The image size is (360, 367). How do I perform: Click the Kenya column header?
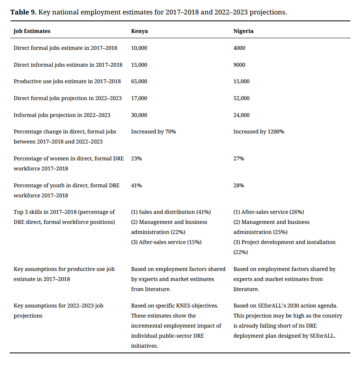pos(139,31)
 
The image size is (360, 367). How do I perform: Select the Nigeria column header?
pos(243,31)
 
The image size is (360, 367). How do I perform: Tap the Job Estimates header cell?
pos(32,31)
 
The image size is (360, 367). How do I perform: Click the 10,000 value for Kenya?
pos(139,48)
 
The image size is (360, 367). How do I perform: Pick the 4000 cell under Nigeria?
pos(239,48)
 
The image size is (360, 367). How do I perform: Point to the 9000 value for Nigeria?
pos(239,65)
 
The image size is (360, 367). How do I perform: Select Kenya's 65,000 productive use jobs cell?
pos(139,81)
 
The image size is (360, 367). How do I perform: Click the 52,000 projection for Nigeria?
pos(241,98)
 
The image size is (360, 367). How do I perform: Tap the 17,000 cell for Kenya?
pos(139,98)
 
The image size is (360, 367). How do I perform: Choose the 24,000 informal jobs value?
pos(241,115)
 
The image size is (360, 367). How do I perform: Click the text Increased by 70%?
pos(153,131)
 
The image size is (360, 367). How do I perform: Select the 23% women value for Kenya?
pos(136,158)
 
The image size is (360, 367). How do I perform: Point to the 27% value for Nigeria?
pos(239,158)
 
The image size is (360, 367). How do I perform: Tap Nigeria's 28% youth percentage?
pos(239,185)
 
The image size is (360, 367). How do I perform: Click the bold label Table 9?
pos(24,12)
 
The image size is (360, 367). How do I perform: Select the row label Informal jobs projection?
pos(62,115)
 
